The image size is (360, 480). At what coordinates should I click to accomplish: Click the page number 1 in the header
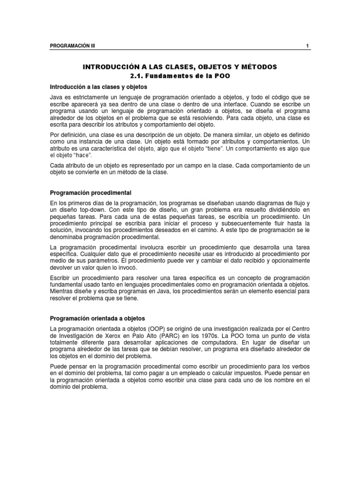pyautogui.click(x=307, y=46)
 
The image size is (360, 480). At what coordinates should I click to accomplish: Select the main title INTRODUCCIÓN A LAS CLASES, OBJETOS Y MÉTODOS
pyautogui.click(x=180, y=67)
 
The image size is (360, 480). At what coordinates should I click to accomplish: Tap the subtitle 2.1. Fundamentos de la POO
pyautogui.click(x=180, y=76)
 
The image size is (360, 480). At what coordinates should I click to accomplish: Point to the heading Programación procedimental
pyautogui.click(x=90, y=193)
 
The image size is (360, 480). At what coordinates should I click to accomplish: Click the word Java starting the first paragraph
pyautogui.click(x=56, y=97)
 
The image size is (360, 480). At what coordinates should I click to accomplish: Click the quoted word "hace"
pyautogui.click(x=81, y=155)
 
